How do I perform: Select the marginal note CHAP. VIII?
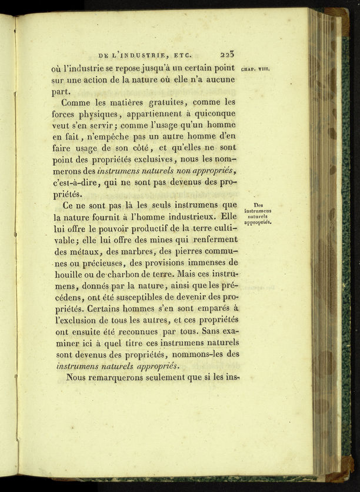tap(255, 69)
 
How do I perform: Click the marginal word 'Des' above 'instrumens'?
tap(258, 205)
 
